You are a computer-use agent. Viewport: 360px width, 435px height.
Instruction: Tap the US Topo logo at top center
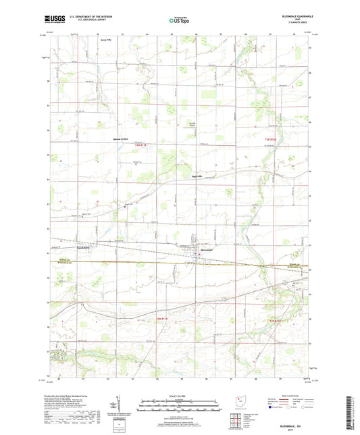click(x=178, y=21)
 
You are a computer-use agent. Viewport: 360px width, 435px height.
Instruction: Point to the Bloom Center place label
click(x=120, y=139)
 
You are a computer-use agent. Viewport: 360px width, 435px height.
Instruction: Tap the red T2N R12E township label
click(x=274, y=319)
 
